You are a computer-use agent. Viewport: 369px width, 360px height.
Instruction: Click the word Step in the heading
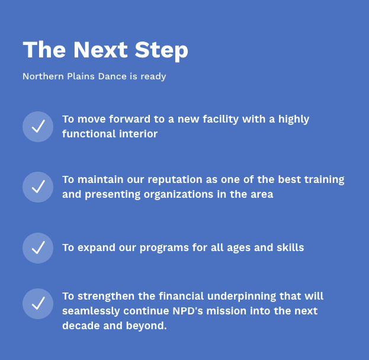[x=162, y=50]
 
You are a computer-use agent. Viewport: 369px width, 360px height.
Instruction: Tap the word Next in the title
[x=101, y=50]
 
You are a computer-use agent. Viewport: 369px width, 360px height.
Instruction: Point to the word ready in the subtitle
[x=153, y=77]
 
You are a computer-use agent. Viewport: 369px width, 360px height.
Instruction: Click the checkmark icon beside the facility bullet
[x=38, y=127]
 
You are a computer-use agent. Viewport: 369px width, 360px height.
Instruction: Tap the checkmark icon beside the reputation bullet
[x=38, y=187]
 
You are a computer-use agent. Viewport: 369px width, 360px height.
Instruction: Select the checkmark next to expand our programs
[x=38, y=248]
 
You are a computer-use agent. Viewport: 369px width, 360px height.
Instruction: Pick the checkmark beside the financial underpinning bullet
[x=38, y=304]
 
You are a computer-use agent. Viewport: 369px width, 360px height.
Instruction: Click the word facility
[x=221, y=119]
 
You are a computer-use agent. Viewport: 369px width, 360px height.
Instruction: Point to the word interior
[x=139, y=134]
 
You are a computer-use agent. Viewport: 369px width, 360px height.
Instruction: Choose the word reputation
[x=175, y=180]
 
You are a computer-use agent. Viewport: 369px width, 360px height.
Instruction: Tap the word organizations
[x=178, y=195]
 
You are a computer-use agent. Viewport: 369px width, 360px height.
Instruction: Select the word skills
[x=290, y=247]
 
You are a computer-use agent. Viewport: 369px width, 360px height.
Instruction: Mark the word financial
[x=181, y=296]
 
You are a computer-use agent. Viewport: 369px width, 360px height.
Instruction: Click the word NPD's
[x=188, y=311]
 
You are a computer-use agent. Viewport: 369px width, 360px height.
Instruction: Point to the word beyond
[x=146, y=326]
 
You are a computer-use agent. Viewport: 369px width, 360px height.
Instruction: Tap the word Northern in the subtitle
[x=43, y=76]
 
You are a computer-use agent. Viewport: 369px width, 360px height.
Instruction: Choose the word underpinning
[x=242, y=297]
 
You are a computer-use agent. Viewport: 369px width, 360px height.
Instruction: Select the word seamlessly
[x=91, y=311]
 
